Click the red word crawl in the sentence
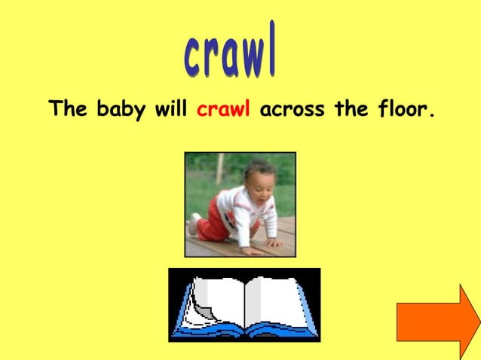pyautogui.click(x=223, y=110)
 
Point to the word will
pyautogui.click(x=171, y=109)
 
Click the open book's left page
pyautogui.click(x=219, y=301)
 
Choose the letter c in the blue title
pyautogui.click(x=193, y=56)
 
